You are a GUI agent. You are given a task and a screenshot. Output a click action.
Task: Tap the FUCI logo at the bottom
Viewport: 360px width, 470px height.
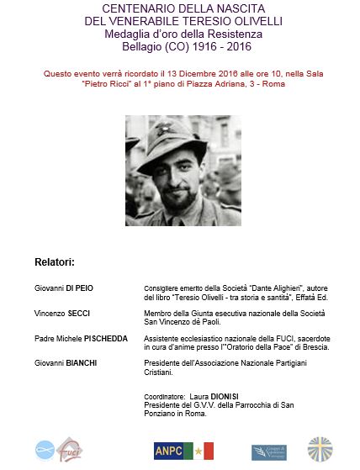coord(70,451)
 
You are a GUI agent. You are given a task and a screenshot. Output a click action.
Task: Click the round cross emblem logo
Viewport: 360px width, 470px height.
coord(320,450)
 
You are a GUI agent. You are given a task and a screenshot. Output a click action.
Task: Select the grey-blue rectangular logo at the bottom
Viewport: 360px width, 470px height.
coord(268,452)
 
